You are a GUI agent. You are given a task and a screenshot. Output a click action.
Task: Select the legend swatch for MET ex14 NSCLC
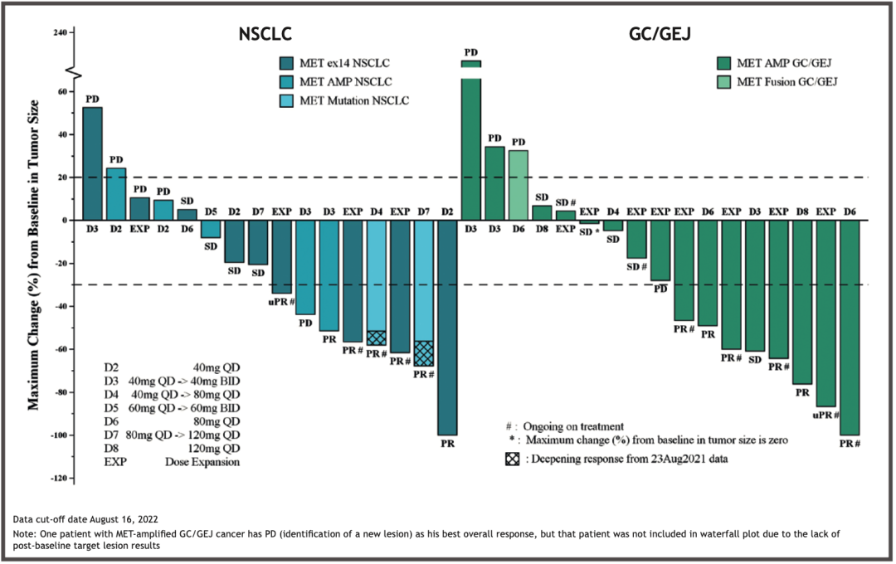coord(286,63)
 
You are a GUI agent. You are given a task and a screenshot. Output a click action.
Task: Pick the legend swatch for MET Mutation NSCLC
coord(286,100)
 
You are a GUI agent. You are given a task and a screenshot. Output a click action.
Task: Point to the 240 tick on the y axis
coord(60,33)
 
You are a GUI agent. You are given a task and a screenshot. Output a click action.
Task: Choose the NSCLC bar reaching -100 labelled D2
coord(447,328)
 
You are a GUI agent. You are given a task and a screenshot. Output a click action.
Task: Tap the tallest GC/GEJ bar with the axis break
coord(471,141)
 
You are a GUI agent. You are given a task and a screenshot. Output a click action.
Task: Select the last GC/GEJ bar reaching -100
coord(850,328)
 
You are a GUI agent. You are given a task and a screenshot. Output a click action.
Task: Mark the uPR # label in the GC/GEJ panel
coord(825,415)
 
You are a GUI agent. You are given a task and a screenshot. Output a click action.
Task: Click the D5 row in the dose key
coord(171,409)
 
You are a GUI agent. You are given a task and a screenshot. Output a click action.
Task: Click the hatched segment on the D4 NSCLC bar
coord(377,338)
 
